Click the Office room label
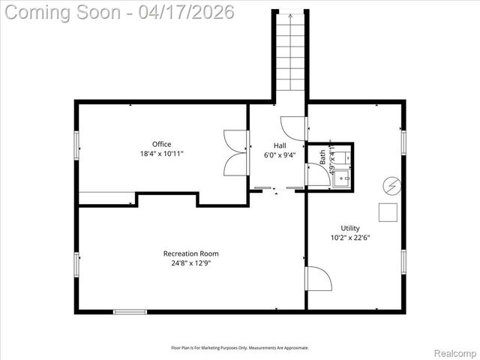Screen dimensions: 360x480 pos(161,144)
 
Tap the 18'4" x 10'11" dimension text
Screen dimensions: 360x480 pos(161,153)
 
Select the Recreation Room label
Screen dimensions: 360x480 pos(190,253)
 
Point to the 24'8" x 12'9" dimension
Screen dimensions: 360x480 pos(190,263)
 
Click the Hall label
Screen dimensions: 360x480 pos(279,145)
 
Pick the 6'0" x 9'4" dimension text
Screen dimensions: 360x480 pos(279,155)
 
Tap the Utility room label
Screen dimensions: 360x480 pos(350,228)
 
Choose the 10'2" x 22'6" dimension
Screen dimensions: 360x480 pos(350,238)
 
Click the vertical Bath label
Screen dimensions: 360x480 pos(323,158)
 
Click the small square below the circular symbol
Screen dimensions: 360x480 pos(388,212)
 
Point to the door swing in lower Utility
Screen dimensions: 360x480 pos(318,280)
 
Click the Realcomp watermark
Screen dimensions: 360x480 pos(454,351)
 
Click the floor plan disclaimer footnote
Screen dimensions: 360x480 pos(239,347)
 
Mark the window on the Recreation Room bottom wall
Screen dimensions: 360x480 pos(130,311)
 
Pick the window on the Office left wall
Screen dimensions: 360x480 pos(76,144)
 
